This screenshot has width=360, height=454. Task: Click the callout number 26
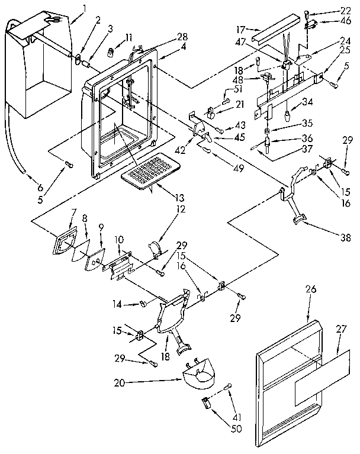pos(311,289)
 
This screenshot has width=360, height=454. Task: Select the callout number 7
pos(73,212)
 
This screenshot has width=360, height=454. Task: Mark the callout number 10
pos(118,239)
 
